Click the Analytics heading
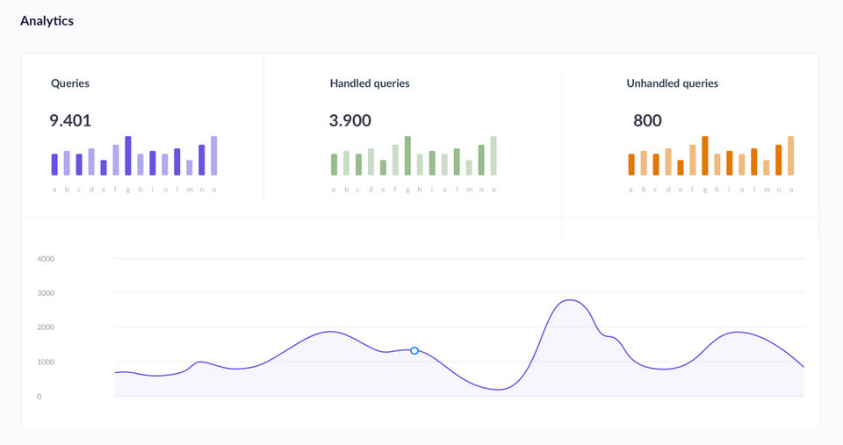click(x=47, y=21)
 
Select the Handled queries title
click(x=370, y=83)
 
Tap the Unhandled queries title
click(x=672, y=83)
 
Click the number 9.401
click(x=70, y=120)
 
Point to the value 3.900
click(x=350, y=120)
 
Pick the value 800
click(x=647, y=120)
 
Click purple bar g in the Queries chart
click(x=128, y=155)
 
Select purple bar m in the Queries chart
click(x=190, y=167)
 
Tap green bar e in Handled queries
click(x=383, y=167)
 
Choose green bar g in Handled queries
click(x=407, y=155)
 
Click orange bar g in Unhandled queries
click(x=705, y=155)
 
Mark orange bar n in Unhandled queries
click(x=779, y=160)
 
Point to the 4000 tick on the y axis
click(x=46, y=259)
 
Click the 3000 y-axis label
click(x=46, y=293)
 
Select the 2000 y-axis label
click(x=46, y=327)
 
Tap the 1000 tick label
click(x=46, y=362)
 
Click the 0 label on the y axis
click(x=40, y=397)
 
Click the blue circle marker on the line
click(x=414, y=350)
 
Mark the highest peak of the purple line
click(x=569, y=300)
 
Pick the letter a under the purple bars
click(x=54, y=190)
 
